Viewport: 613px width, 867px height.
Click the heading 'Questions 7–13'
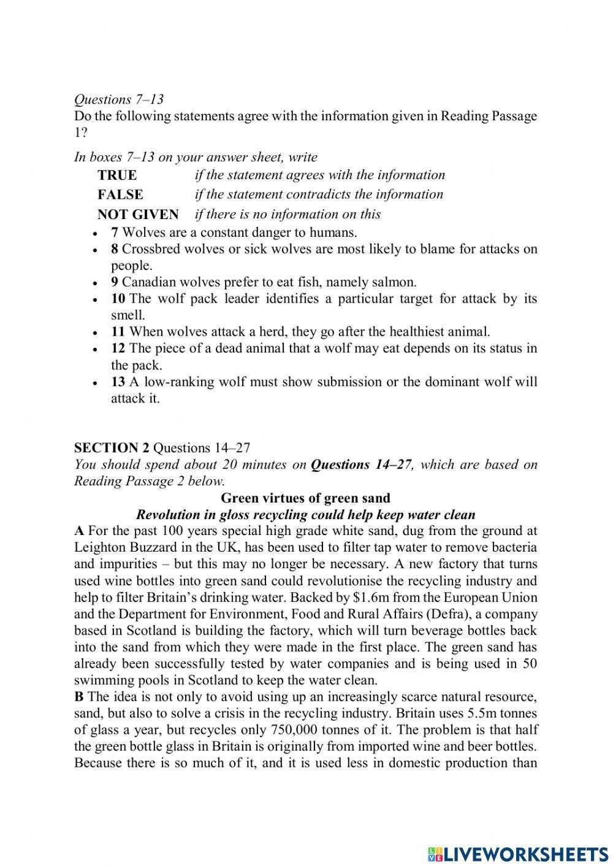tap(118, 99)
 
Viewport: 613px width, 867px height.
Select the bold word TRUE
tap(117, 175)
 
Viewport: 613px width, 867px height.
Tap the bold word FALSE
tap(120, 195)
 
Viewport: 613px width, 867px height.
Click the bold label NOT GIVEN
tap(138, 214)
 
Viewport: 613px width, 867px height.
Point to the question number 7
tap(115, 233)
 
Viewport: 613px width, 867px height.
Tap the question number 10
tap(118, 299)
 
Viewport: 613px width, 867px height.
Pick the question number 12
tap(118, 349)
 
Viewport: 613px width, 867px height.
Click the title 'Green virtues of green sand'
tap(305, 498)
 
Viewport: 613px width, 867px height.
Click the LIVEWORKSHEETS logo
tap(518, 854)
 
